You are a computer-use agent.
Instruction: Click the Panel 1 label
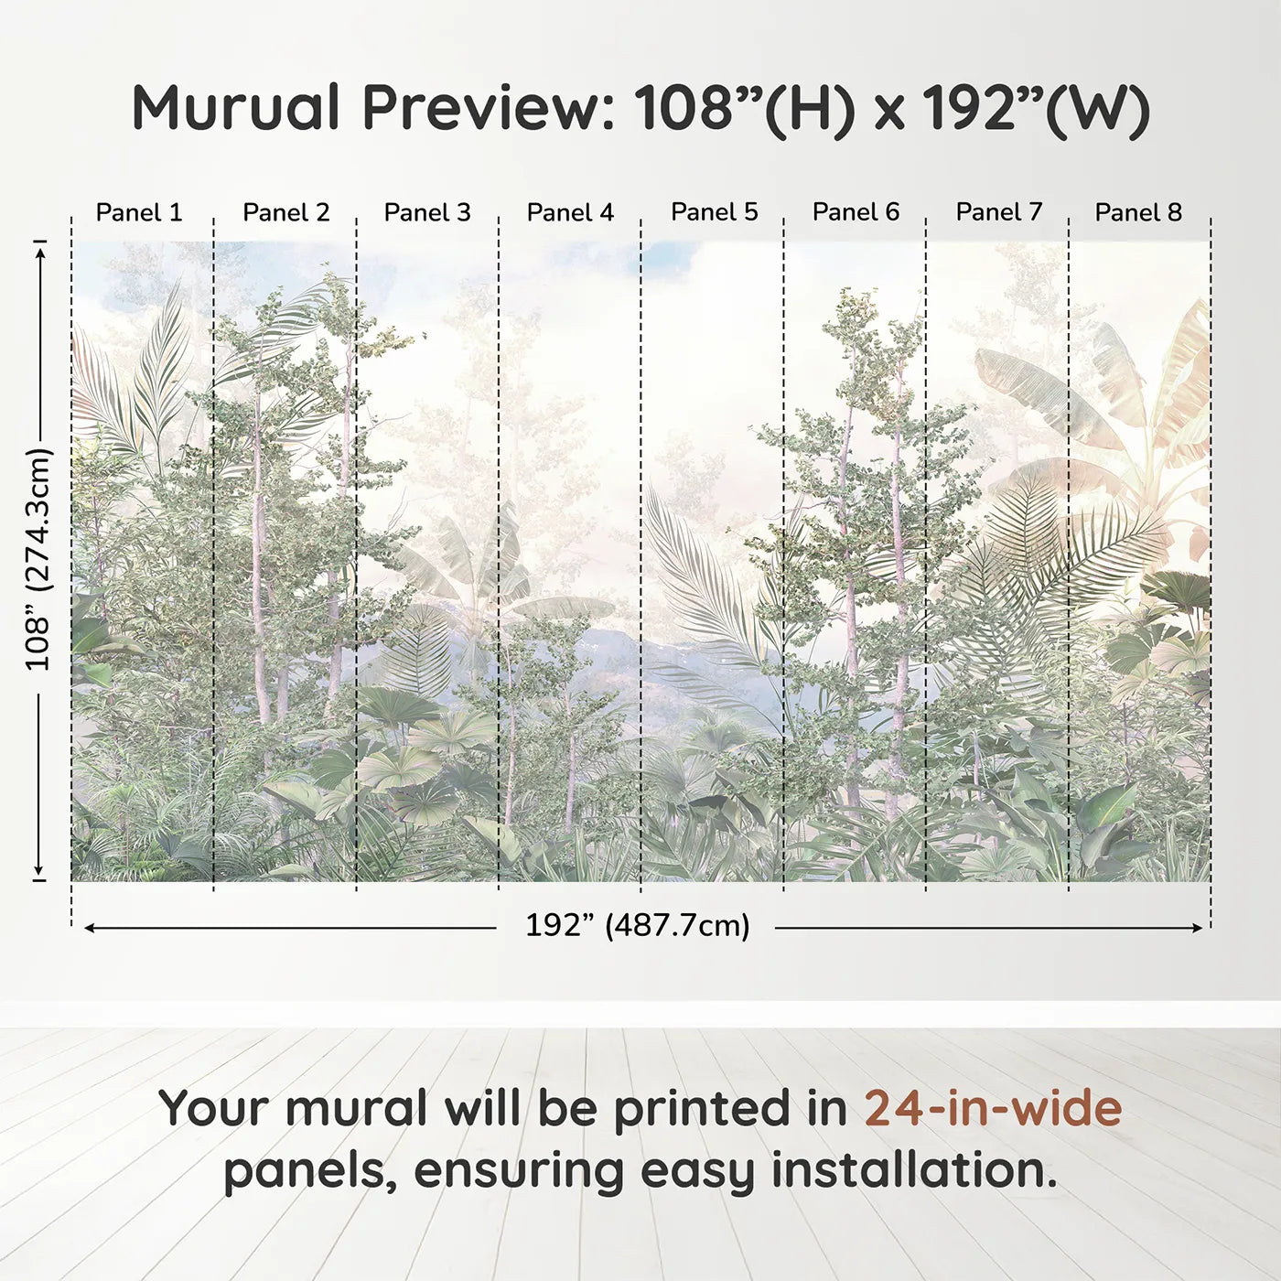point(139,212)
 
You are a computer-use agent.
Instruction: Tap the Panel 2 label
point(285,212)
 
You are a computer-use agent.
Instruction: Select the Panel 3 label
point(427,212)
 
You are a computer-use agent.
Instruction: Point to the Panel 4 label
point(570,212)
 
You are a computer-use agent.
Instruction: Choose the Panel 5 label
point(714,212)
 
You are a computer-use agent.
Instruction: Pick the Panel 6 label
point(856,212)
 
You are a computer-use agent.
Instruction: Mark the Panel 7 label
point(998,212)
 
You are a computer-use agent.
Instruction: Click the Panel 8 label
point(1138,212)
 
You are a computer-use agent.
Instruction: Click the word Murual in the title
point(236,108)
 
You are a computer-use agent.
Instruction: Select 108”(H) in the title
point(745,108)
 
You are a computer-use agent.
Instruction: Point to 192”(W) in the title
point(1035,108)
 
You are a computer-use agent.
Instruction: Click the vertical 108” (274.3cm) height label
point(38,559)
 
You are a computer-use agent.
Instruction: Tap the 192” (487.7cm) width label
point(637,925)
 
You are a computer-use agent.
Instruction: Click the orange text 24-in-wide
point(993,1108)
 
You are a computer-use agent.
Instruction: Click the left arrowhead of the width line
point(90,928)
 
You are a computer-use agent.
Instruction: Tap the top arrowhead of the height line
point(39,250)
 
